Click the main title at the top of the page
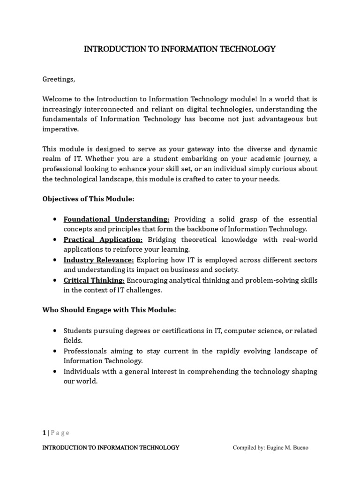(180, 49)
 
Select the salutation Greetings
(59, 79)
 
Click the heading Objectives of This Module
(89, 199)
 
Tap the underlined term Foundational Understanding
(117, 219)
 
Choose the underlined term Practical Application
(103, 240)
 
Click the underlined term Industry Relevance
(99, 260)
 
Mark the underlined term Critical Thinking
(94, 280)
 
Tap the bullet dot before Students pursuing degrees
(56, 331)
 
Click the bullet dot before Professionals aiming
(56, 351)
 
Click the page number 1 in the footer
(44, 433)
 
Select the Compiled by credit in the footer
(270, 448)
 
